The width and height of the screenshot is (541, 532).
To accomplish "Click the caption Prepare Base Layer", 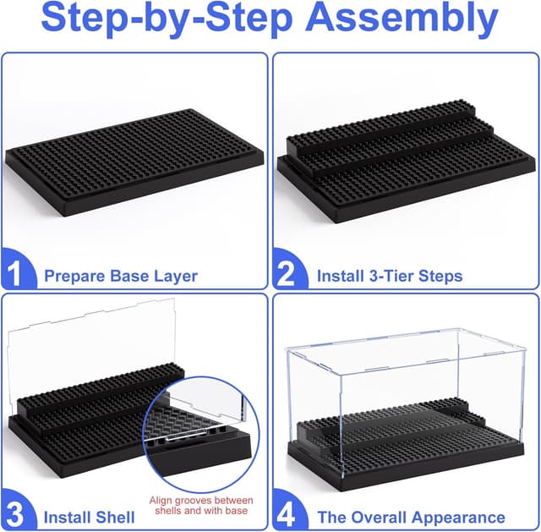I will [x=121, y=276].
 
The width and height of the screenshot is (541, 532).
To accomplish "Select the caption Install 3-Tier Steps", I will [x=390, y=276].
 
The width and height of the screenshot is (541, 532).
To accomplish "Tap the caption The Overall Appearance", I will [x=411, y=517].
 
